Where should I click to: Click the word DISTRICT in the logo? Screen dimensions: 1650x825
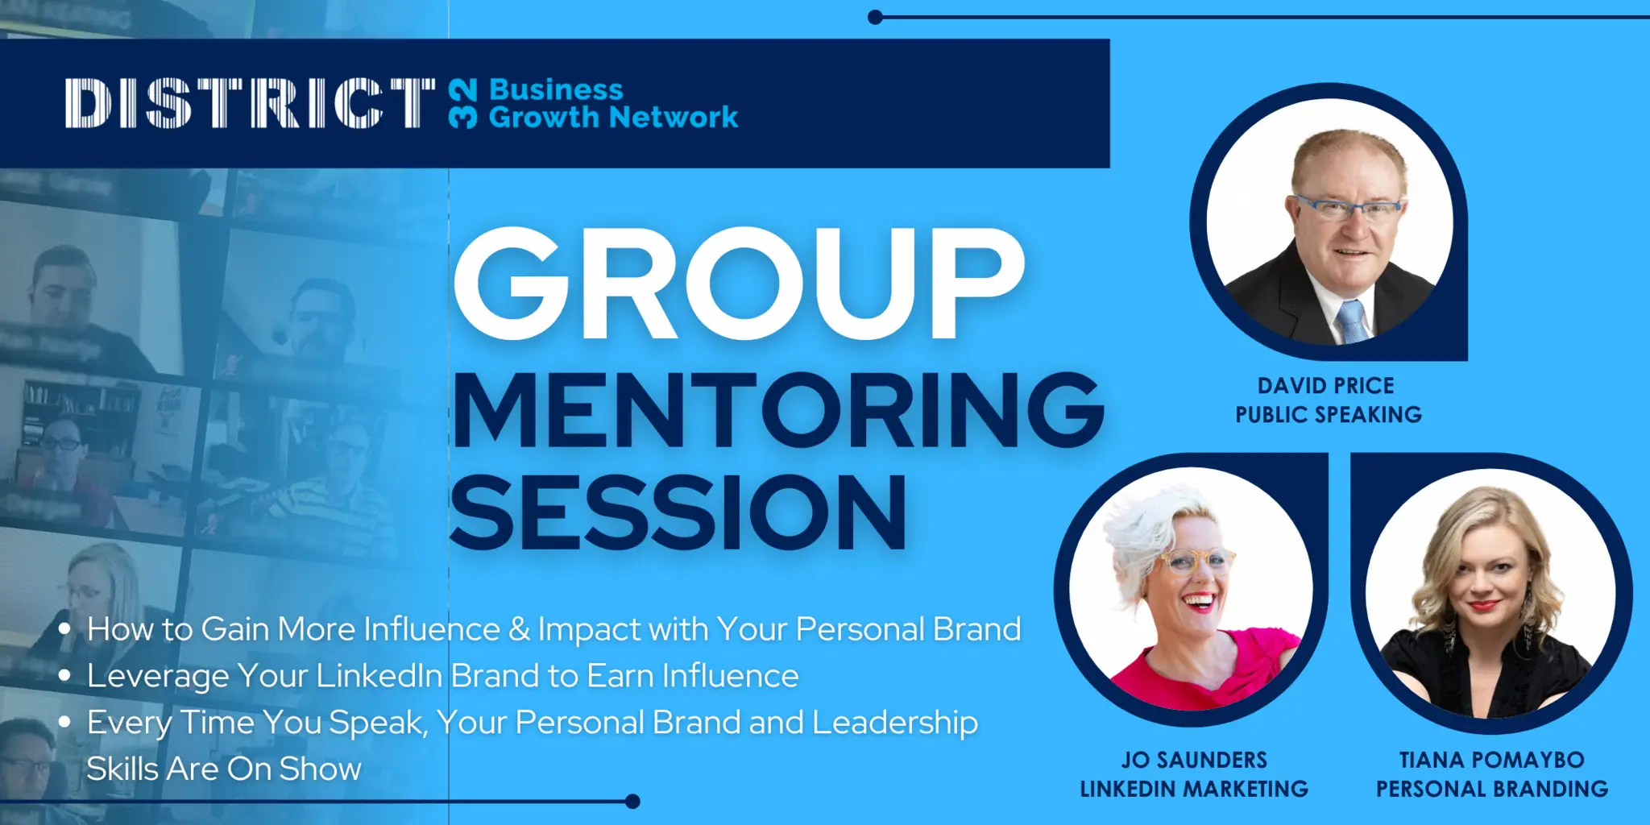pyautogui.click(x=250, y=103)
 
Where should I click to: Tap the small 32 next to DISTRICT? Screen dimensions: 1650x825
pyautogui.click(x=462, y=103)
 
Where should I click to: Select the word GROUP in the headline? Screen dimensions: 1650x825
pyautogui.click(x=739, y=283)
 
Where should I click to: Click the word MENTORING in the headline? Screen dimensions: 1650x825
pyautogui.click(x=778, y=409)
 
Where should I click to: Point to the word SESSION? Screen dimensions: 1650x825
pyautogui.click(x=678, y=512)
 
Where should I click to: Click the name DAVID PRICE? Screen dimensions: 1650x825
pyautogui.click(x=1326, y=386)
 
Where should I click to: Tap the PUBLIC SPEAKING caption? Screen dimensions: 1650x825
pyautogui.click(x=1329, y=415)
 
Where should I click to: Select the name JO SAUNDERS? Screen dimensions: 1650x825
pyautogui.click(x=1194, y=760)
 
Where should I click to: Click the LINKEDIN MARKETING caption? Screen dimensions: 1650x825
pyautogui.click(x=1194, y=789)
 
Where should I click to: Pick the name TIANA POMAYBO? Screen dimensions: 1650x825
pyautogui.click(x=1491, y=760)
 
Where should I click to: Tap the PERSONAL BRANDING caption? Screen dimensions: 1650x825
pyautogui.click(x=1492, y=789)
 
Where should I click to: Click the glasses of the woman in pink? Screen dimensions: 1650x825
pyautogui.click(x=1196, y=561)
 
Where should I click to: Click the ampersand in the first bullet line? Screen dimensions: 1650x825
pyautogui.click(x=519, y=629)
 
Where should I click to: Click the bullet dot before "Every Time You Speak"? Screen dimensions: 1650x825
pyautogui.click(x=64, y=722)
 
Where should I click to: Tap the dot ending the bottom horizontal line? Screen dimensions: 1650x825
pyautogui.click(x=632, y=801)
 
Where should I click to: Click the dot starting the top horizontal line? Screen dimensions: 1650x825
pyautogui.click(x=876, y=17)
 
